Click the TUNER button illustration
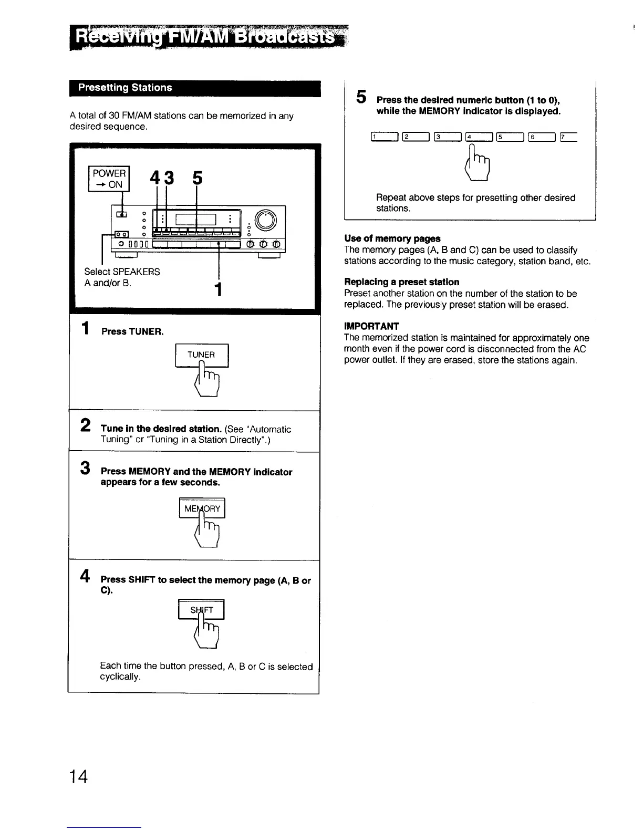[202, 355]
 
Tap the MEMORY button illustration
[202, 508]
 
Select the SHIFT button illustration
[202, 610]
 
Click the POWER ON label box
[109, 179]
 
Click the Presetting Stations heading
[125, 88]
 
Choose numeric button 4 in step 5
[479, 138]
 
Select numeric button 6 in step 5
[542, 138]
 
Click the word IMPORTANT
[371, 326]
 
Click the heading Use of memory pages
[392, 238]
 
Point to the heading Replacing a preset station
[401, 282]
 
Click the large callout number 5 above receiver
[197, 179]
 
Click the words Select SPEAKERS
[122, 272]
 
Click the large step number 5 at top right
[361, 97]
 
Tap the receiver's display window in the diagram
[196, 220]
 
